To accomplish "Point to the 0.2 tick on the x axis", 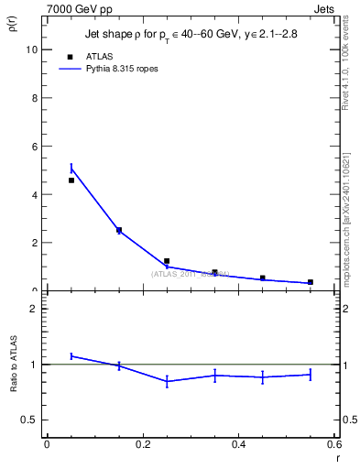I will click(x=142, y=445).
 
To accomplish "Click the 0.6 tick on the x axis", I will click(x=334, y=445).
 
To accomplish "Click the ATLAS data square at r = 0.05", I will click(x=71, y=180).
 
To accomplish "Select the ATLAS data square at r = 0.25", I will click(x=167, y=261).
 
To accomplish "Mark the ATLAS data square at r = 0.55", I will click(x=311, y=282).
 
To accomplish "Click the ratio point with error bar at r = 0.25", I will click(x=167, y=381).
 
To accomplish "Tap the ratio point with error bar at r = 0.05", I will click(x=71, y=355).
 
